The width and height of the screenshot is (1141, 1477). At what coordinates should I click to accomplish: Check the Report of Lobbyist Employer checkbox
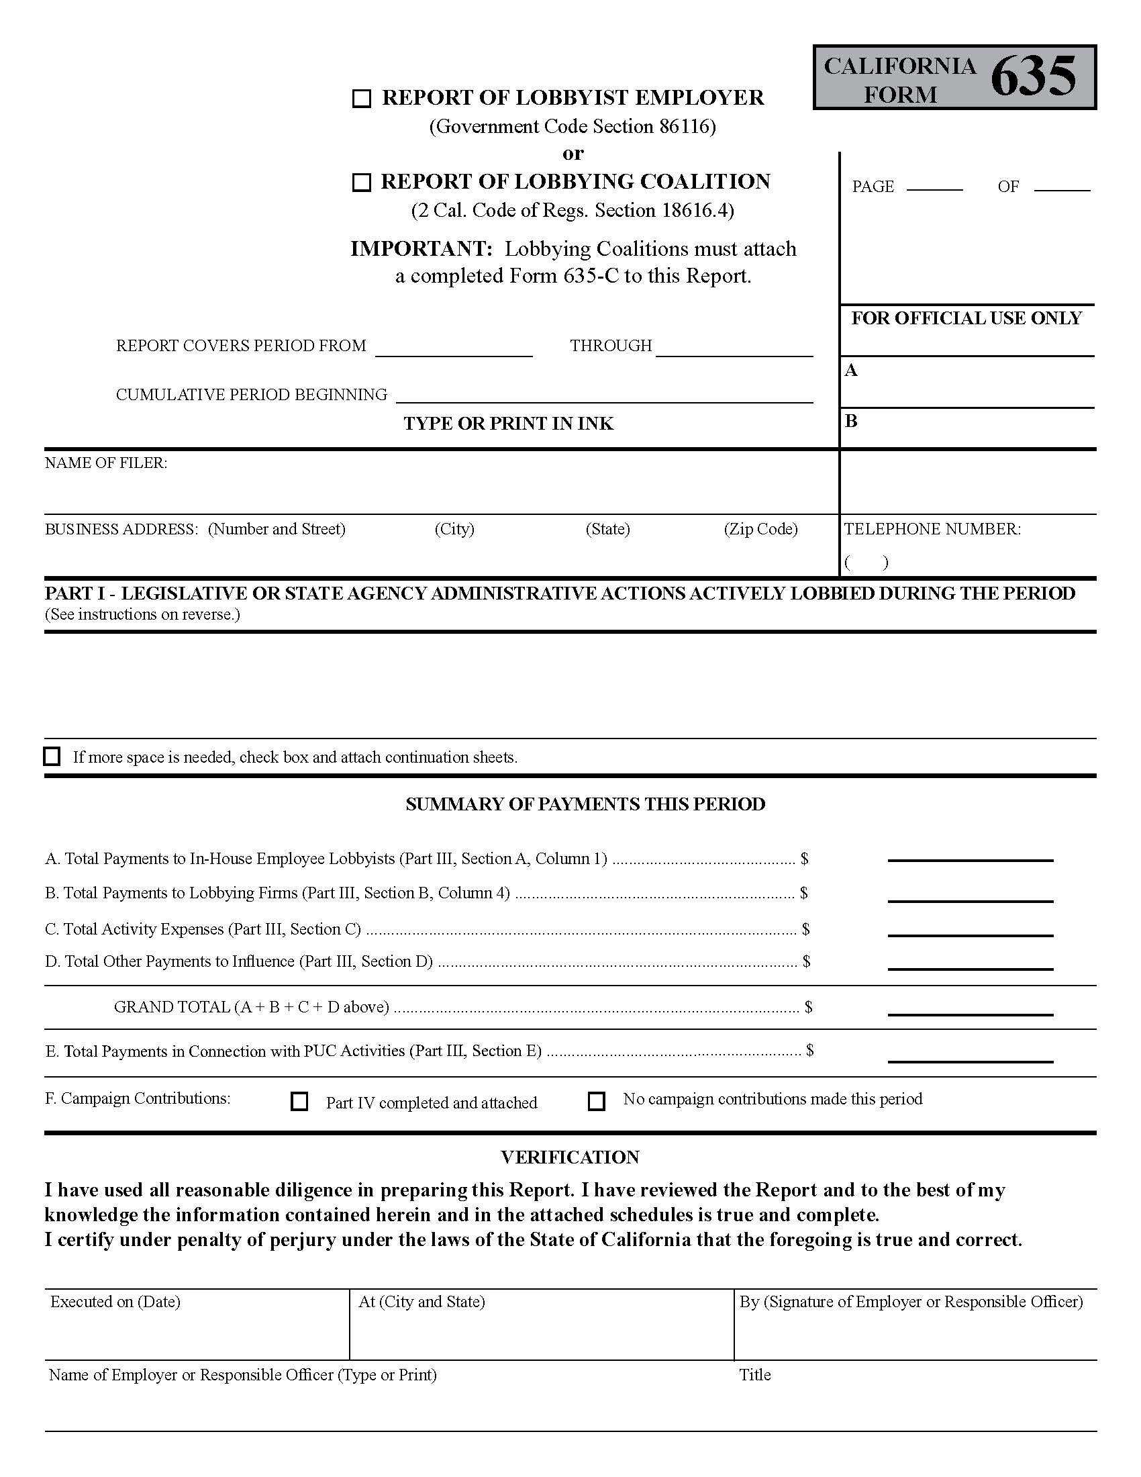coord(362,99)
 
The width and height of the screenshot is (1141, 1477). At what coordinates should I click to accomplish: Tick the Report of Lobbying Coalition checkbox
coord(362,183)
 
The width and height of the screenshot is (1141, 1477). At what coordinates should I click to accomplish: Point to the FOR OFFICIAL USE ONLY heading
coord(966,318)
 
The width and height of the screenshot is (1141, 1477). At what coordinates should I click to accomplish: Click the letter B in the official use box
coord(851,422)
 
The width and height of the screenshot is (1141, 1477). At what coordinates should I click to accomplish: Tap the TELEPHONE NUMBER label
coord(932,529)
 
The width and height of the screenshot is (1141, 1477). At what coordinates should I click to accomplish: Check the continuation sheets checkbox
coord(52,756)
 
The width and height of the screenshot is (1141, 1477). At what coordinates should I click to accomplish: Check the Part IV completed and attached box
coord(299,1102)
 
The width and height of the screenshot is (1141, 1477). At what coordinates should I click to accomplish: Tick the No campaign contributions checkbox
coord(596,1101)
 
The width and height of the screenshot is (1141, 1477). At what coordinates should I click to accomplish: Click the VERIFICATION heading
coord(570,1157)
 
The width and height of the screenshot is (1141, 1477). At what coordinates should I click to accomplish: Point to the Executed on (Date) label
coord(115,1302)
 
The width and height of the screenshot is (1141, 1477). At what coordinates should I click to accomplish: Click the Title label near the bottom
coord(754,1375)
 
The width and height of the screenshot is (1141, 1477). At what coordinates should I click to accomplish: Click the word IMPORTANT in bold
coord(421,249)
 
